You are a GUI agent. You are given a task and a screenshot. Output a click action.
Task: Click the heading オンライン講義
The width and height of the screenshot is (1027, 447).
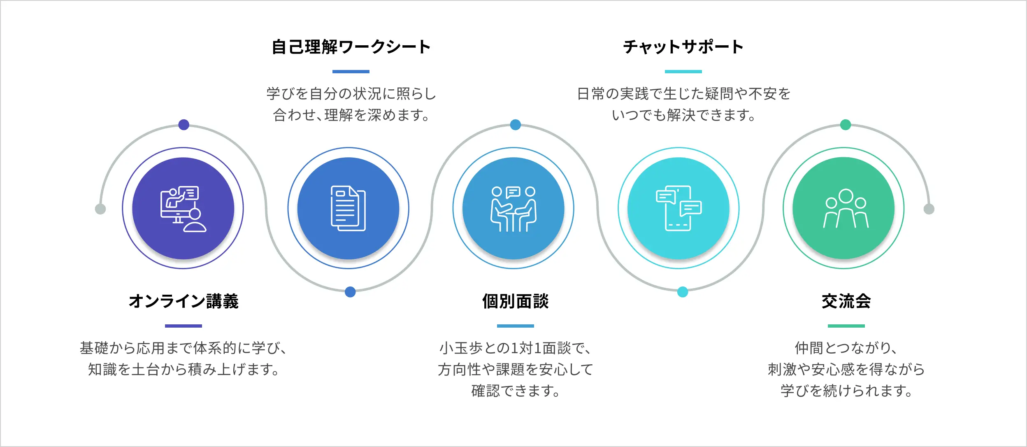pos(184,301)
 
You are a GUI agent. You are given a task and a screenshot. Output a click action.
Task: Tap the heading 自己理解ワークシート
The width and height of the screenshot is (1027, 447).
pos(351,47)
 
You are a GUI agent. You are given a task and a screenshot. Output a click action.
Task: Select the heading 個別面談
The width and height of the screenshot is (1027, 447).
pos(515,301)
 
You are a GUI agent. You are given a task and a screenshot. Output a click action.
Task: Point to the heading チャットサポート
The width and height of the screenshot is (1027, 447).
pos(683,47)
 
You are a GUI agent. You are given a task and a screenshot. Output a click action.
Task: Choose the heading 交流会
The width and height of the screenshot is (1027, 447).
pos(846,301)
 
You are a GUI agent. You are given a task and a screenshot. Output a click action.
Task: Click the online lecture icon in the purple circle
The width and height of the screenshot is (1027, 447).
pos(183,209)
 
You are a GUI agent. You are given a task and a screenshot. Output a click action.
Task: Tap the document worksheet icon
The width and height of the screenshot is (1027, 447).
pos(348,209)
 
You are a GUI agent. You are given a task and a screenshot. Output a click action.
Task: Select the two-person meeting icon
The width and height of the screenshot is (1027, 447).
pos(513,209)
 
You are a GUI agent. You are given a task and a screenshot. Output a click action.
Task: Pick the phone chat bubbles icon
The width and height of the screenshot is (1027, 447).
pos(678,209)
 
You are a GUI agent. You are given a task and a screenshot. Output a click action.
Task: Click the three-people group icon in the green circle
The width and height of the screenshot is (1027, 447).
pos(846,209)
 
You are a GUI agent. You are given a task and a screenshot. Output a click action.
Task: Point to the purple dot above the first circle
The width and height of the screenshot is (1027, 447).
pos(184,124)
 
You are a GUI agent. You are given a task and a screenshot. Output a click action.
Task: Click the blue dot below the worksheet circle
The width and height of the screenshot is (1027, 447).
pos(350,292)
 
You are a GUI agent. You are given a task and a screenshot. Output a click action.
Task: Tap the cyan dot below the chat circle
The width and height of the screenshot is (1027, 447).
pos(683,292)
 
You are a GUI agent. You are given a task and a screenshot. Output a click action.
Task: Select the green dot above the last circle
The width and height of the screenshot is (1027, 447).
pos(846,124)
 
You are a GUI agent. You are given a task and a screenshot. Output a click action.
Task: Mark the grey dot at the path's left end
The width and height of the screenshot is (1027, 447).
pos(100,209)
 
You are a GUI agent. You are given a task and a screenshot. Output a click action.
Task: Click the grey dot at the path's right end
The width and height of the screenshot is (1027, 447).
pos(929,209)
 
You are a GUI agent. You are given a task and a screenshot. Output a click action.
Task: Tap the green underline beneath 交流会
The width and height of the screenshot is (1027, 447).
pos(846,326)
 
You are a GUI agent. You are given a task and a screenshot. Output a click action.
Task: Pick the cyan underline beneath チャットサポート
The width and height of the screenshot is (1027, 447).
pos(683,72)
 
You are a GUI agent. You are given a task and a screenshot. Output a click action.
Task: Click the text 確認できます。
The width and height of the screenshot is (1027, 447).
pos(515,391)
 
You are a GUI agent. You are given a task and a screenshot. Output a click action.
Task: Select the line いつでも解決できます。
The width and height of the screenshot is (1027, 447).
pos(683,115)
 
